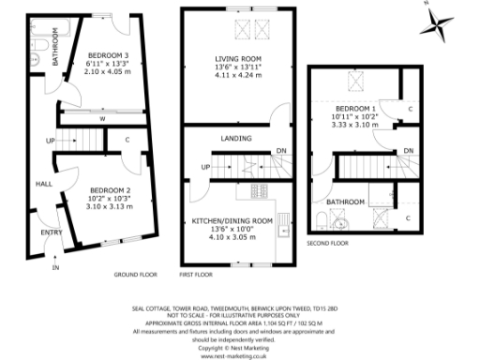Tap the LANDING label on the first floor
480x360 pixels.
click(x=234, y=140)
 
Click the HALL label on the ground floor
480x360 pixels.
click(x=43, y=185)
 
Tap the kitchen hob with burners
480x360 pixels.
click(x=259, y=193)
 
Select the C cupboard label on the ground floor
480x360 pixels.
click(x=126, y=141)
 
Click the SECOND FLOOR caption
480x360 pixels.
click(x=328, y=243)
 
